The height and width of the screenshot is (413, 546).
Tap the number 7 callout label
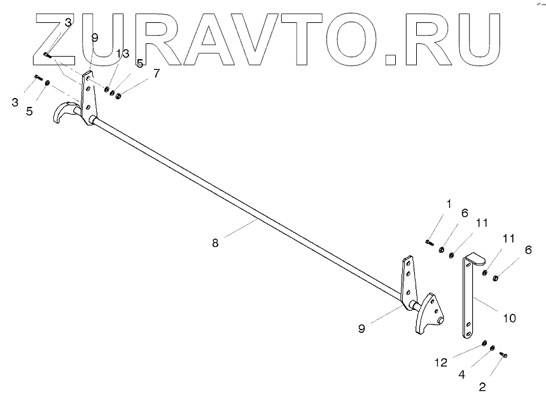point(157,73)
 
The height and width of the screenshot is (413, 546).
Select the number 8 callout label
point(215,242)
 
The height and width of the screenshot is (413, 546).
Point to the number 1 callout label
point(449,204)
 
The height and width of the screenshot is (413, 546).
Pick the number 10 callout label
point(510,316)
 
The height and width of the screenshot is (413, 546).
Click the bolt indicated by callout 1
point(429,242)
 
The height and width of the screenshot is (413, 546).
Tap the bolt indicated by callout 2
point(503,354)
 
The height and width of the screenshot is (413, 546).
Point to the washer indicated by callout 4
point(493,348)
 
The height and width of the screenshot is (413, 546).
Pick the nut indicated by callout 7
point(119,95)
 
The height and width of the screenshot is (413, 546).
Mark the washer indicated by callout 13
point(106,90)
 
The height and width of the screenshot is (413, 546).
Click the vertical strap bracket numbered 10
point(468,296)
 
